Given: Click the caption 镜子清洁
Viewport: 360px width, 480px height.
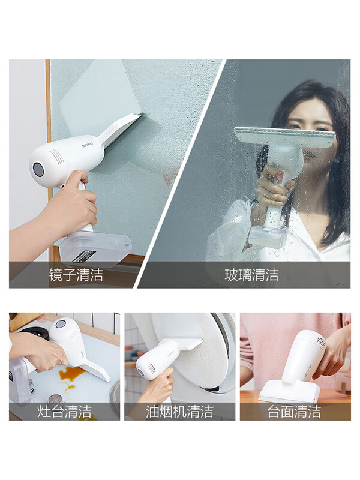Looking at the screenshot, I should click(x=76, y=275).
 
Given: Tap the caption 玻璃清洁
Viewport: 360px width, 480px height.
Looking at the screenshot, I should click(x=251, y=275).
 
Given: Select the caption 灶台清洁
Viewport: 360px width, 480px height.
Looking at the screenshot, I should click(x=64, y=412).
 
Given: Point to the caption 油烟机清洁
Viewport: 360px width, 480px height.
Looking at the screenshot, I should click(x=179, y=412).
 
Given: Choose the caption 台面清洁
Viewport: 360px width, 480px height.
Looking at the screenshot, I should click(x=295, y=412).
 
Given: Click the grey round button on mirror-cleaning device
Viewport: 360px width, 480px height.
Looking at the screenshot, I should click(x=38, y=169).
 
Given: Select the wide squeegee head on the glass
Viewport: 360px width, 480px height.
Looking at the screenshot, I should click(x=285, y=137).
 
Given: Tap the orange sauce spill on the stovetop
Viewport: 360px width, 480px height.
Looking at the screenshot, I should click(x=71, y=375).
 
